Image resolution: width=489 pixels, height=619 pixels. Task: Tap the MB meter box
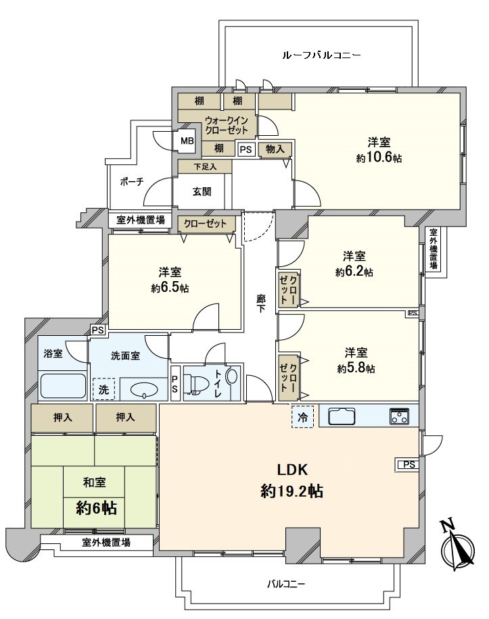point(187,141)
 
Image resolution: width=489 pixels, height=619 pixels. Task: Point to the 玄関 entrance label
point(202,191)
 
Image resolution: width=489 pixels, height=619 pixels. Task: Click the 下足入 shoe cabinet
point(204,166)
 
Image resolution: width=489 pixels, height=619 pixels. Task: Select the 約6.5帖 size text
point(170,288)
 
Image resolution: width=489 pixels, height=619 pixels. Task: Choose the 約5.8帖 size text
point(356,368)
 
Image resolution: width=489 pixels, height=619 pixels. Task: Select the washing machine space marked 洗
point(103,389)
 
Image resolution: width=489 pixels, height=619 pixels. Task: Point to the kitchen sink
point(346,417)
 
